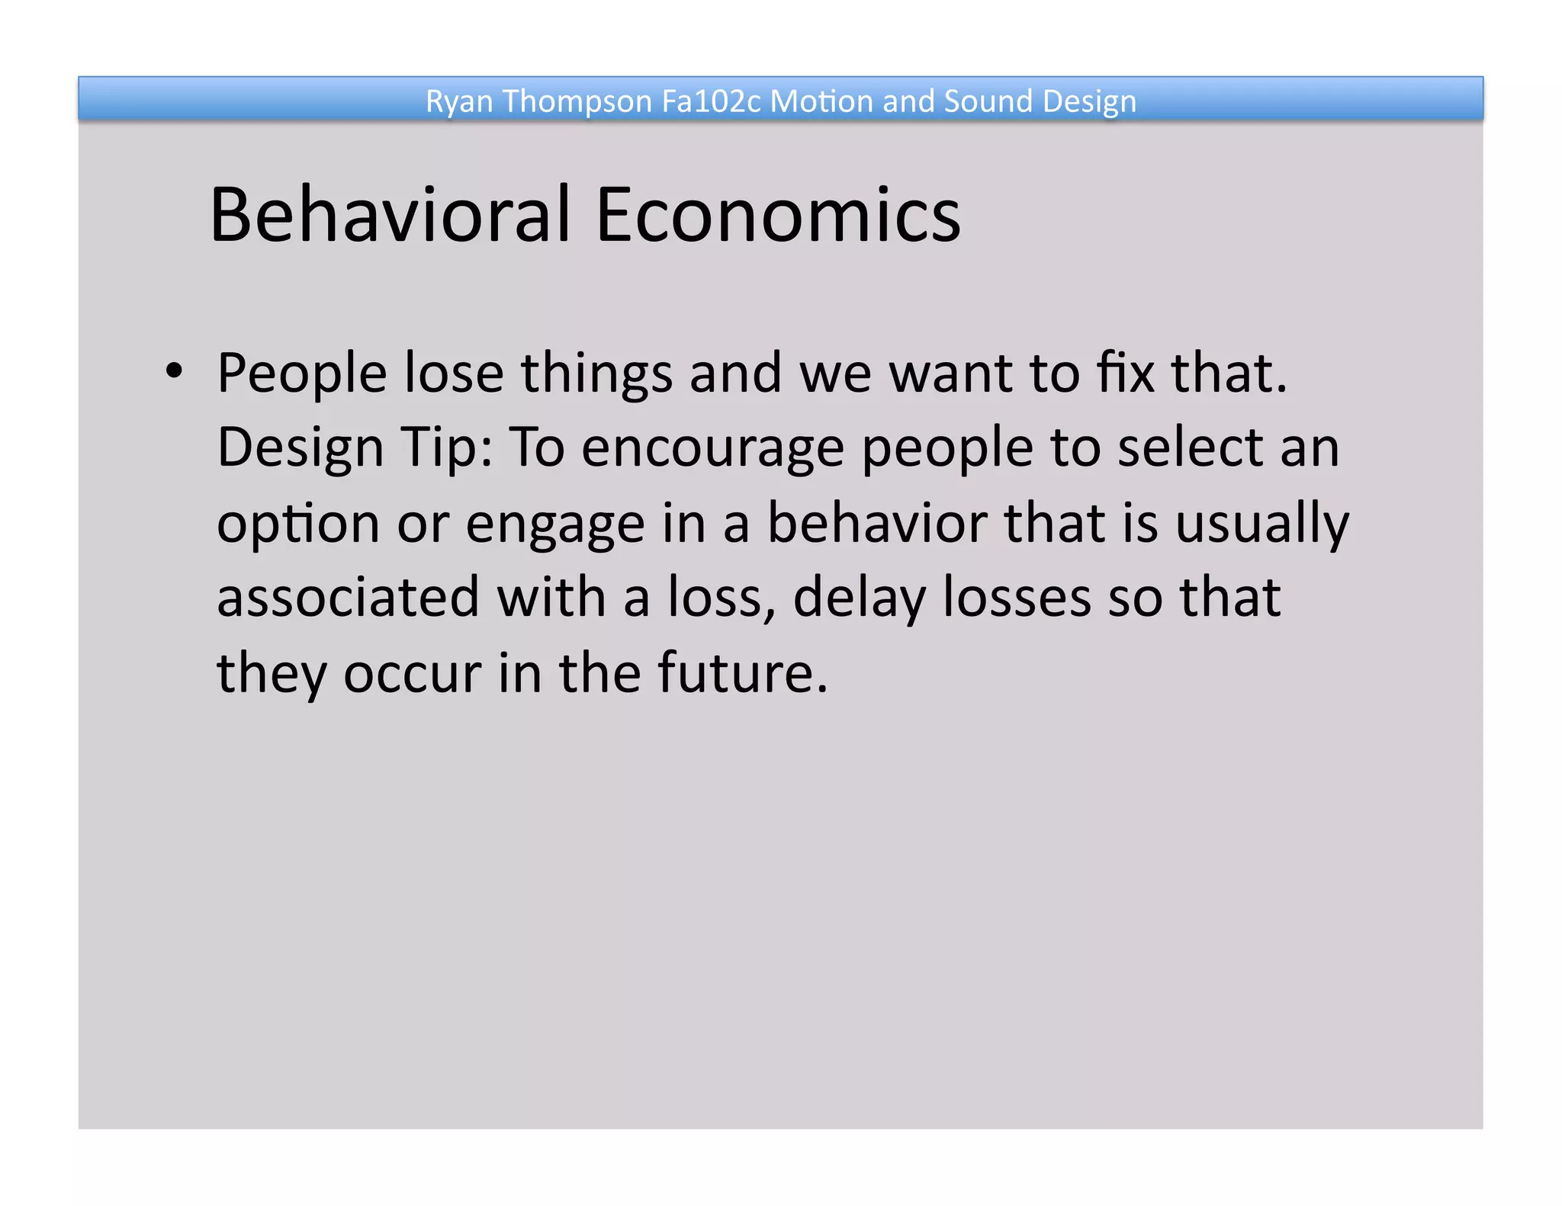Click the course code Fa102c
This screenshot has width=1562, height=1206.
tap(711, 101)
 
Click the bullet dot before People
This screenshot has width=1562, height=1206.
tap(175, 371)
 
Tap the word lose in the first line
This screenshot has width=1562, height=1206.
tap(454, 374)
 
